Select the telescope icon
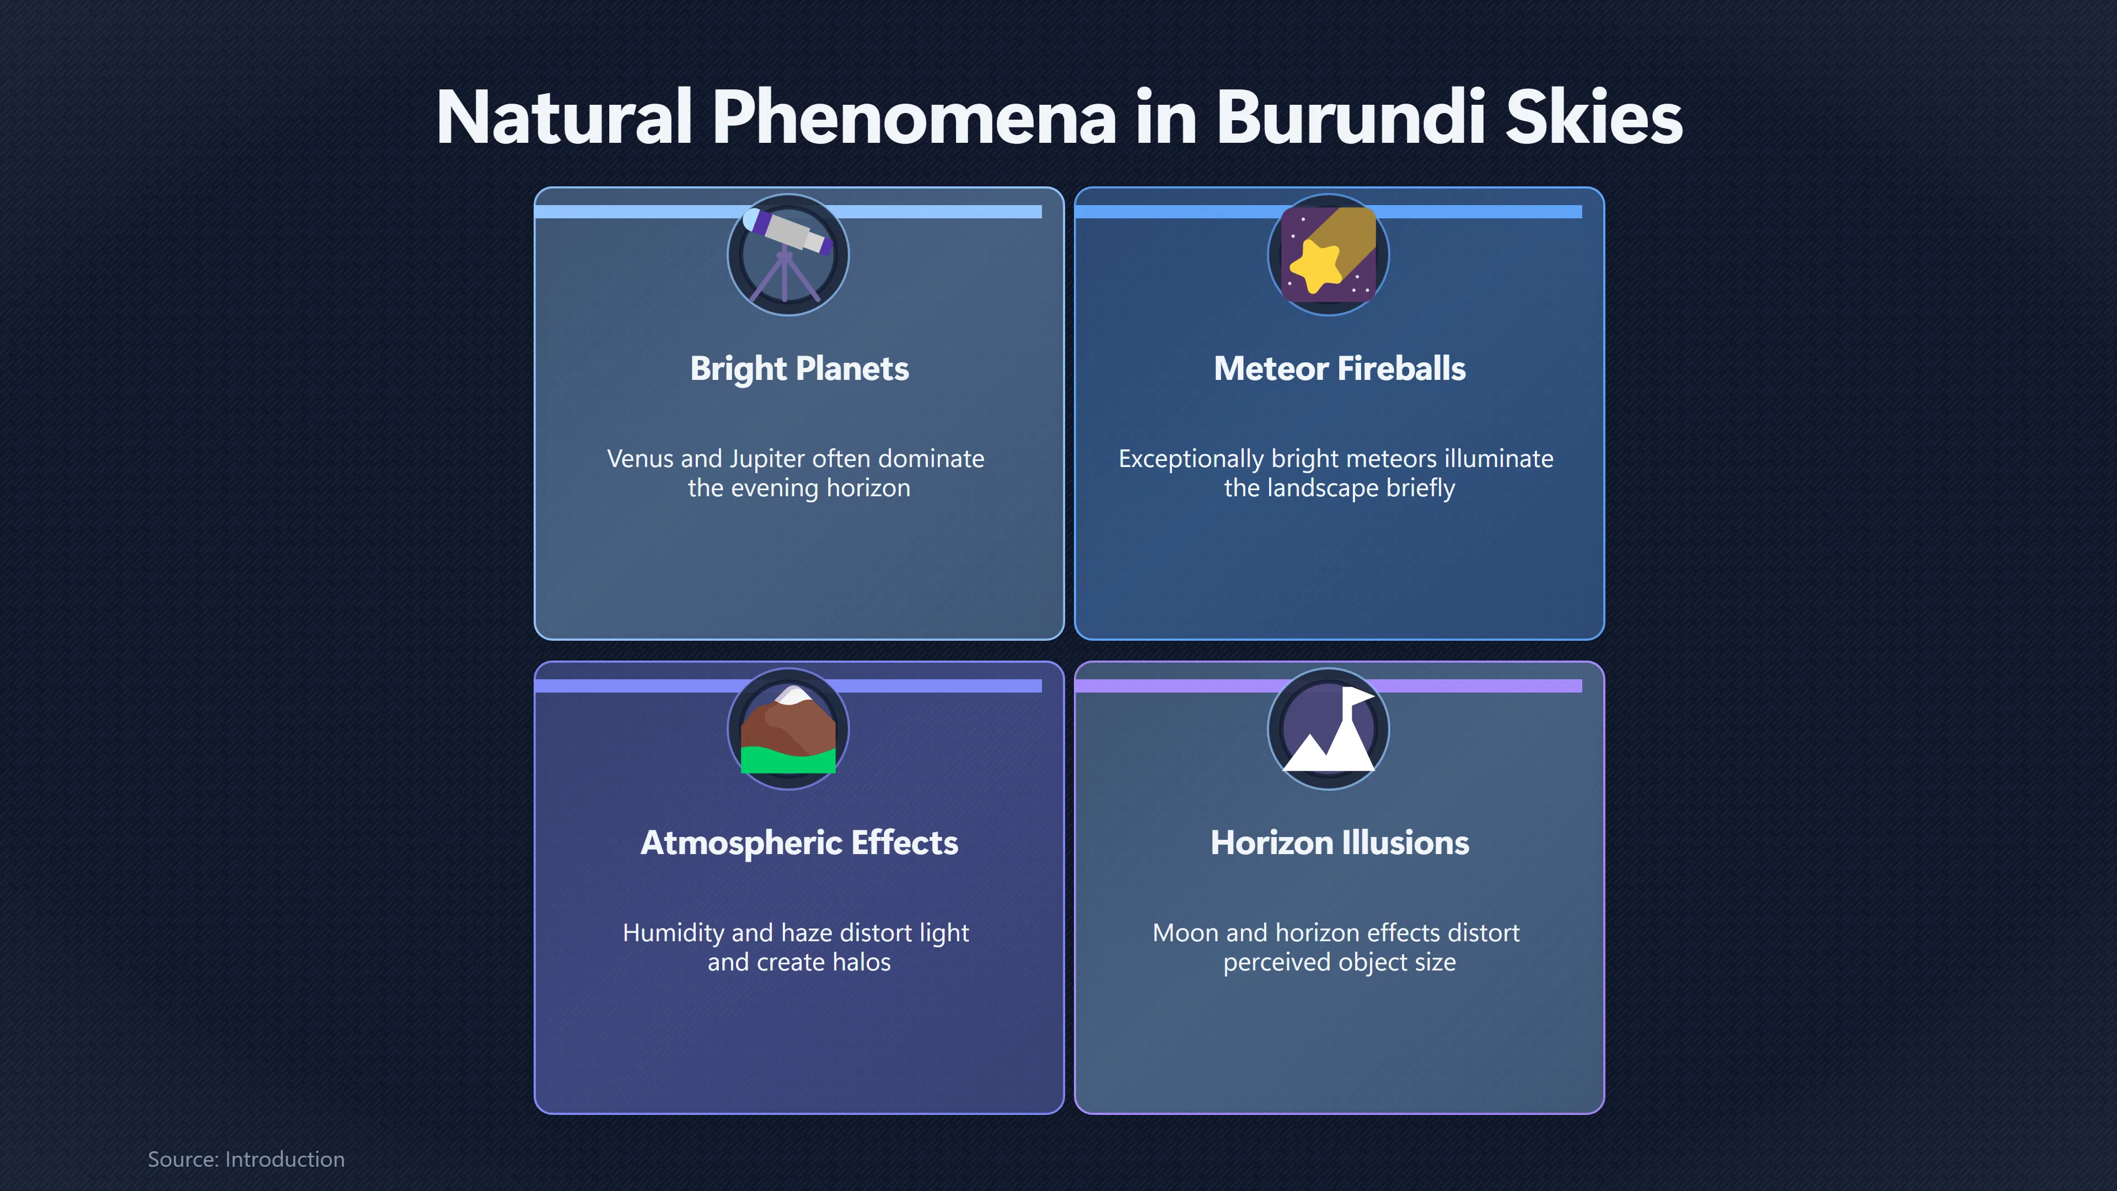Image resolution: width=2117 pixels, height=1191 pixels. tap(787, 255)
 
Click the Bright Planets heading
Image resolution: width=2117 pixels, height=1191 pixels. tap(799, 369)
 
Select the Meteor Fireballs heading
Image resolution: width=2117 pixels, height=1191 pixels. tap(1340, 369)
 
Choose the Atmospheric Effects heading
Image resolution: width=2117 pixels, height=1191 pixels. tap(799, 843)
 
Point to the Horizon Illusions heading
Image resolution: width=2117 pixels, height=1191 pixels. tap(1340, 843)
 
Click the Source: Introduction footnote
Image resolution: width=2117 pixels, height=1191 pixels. tap(246, 1159)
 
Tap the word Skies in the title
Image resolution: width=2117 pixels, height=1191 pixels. tap(1594, 117)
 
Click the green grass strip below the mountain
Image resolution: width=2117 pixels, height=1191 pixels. tap(787, 760)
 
